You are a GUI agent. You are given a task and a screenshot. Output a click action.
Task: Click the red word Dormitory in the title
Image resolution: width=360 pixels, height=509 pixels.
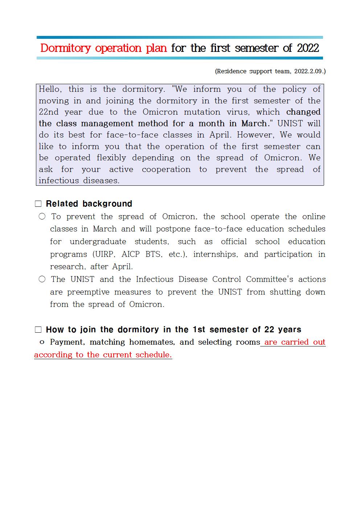(65, 48)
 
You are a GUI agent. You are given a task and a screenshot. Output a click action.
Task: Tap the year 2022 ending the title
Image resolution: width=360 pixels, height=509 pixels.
(308, 48)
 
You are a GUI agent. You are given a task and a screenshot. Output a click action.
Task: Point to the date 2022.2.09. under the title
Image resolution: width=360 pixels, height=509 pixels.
(309, 71)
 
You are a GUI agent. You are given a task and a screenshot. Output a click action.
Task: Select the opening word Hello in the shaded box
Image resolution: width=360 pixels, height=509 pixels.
(50, 89)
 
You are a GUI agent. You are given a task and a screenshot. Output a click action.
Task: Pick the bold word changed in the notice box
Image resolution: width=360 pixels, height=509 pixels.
(303, 112)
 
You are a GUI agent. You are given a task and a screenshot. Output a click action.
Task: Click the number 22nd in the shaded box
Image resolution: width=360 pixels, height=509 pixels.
(48, 112)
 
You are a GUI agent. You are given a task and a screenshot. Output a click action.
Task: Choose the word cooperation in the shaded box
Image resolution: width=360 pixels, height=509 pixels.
(166, 169)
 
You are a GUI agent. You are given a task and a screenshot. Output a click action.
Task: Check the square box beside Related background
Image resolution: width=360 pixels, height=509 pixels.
(38, 204)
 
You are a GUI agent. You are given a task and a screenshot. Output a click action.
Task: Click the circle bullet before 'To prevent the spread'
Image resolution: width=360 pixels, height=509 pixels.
(42, 217)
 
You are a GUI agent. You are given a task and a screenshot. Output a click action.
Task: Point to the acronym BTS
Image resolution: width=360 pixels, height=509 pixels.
(153, 254)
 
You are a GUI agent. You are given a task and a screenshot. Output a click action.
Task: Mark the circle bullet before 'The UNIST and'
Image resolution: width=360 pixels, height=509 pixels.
(42, 279)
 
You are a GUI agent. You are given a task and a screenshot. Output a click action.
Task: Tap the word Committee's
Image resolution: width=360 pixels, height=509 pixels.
(269, 279)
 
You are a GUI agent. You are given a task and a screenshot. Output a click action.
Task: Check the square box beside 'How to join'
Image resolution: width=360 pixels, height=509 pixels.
(38, 330)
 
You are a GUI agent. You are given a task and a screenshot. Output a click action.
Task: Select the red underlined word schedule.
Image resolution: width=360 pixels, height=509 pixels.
(154, 355)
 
